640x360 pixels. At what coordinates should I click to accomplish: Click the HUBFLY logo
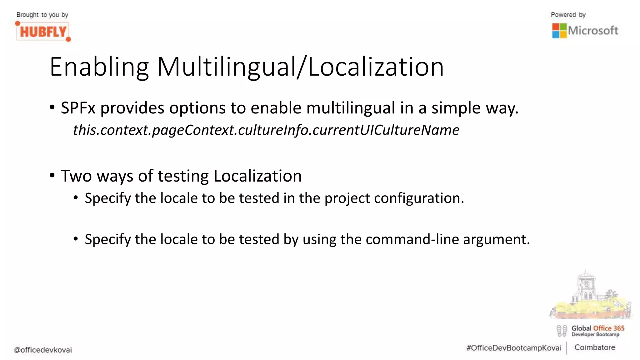(x=43, y=32)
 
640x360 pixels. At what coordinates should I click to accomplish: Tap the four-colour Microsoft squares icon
(x=559, y=31)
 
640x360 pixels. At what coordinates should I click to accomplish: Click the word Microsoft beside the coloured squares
(x=593, y=31)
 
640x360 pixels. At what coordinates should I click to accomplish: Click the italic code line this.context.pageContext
(x=266, y=130)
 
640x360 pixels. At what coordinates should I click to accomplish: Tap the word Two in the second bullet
(x=76, y=176)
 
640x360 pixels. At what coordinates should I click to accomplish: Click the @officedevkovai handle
(x=43, y=350)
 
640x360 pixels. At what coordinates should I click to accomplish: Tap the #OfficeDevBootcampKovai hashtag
(x=513, y=348)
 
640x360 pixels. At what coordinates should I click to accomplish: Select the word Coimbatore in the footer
(x=594, y=347)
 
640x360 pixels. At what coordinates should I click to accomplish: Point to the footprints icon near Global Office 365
(x=562, y=331)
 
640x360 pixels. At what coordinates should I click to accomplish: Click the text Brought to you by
(x=42, y=15)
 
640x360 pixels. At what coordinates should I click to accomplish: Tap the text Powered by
(x=568, y=15)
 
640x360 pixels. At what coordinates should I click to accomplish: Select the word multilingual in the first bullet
(x=351, y=108)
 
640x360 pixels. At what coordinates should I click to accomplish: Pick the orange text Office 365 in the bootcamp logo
(x=608, y=328)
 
